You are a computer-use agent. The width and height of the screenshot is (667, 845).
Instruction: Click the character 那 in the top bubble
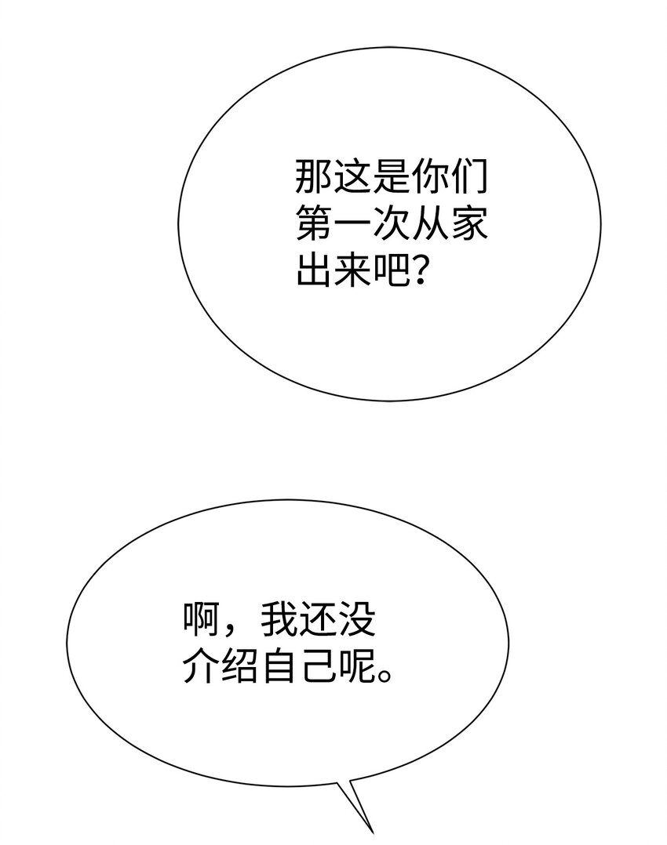313,179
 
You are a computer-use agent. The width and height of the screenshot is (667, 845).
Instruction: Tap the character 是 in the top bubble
390,179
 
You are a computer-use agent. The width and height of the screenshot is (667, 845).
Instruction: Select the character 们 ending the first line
468,179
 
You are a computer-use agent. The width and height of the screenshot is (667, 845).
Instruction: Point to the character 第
313,225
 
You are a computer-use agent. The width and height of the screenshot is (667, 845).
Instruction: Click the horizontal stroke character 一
352,225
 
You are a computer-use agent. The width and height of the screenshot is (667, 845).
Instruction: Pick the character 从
429,225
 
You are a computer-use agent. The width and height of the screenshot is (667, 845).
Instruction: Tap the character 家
468,225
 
